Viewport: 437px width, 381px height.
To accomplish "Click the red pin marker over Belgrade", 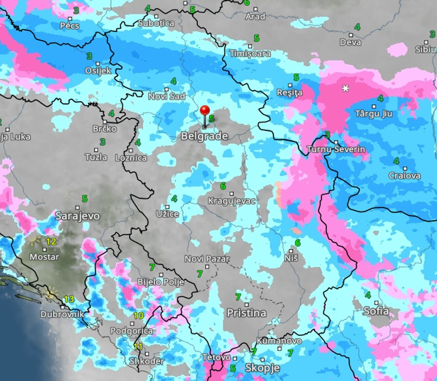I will pyautogui.click(x=205, y=111).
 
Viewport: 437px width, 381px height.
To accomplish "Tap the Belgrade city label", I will pyautogui.click(x=204, y=136).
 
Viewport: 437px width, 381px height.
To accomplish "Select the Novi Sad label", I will pyautogui.click(x=167, y=96).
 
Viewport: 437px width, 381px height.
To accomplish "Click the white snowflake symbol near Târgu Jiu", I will pyautogui.click(x=345, y=88).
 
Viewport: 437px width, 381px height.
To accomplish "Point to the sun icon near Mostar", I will pyautogui.click(x=35, y=240).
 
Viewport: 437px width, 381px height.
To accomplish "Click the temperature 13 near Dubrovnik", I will pyautogui.click(x=69, y=299).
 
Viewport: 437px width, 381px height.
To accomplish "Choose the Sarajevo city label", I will pyautogui.click(x=77, y=215).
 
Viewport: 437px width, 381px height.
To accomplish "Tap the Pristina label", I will pyautogui.click(x=246, y=313).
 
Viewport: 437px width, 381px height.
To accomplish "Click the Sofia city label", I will pyautogui.click(x=376, y=311).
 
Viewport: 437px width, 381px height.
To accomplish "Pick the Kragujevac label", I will pyautogui.click(x=231, y=201).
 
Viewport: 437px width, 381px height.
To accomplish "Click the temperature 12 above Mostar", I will pyautogui.click(x=51, y=241).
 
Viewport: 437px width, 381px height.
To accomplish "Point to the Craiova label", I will pyautogui.click(x=405, y=176).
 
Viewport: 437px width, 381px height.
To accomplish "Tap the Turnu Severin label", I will pyautogui.click(x=336, y=150).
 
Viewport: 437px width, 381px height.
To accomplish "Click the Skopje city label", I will pyautogui.click(x=262, y=368).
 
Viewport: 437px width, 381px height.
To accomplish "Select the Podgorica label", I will pyautogui.click(x=132, y=331).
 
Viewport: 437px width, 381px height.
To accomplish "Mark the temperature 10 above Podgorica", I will pyautogui.click(x=138, y=316).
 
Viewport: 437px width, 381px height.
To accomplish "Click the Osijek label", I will pyautogui.click(x=98, y=70).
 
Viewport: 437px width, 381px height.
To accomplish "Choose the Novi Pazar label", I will pyautogui.click(x=207, y=259).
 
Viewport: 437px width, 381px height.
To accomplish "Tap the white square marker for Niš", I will pyautogui.click(x=291, y=251).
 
